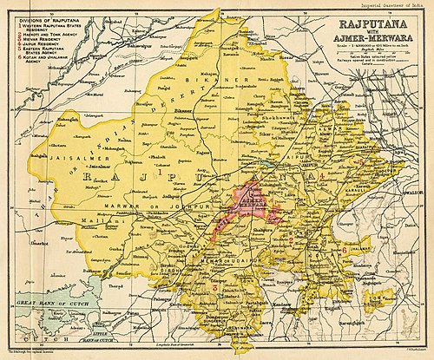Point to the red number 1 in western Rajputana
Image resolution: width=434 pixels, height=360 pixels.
coord(160,173)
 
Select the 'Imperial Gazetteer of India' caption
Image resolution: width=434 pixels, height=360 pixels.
coord(382,6)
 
